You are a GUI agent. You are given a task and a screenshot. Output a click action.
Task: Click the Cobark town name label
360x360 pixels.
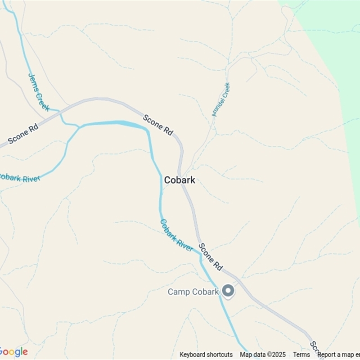point(180,180)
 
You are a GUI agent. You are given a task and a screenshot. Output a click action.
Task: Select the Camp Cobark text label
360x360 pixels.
point(193,292)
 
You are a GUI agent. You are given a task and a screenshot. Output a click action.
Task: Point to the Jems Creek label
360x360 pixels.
point(39,92)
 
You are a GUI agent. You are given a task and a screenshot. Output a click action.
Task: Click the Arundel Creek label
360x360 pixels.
point(221,99)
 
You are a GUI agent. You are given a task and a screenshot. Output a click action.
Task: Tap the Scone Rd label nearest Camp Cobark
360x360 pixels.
point(211,256)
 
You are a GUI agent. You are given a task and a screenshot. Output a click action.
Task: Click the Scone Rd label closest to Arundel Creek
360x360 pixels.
point(158,125)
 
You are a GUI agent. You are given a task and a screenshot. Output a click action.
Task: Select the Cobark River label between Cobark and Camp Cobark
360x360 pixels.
point(176,235)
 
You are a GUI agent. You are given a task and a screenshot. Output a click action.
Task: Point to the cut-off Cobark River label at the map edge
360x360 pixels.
point(19,178)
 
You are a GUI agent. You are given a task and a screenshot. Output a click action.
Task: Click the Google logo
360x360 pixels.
point(13,352)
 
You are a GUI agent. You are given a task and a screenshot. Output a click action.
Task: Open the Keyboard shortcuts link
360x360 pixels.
point(206,355)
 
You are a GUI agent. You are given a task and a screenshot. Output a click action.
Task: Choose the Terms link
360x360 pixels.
point(301,355)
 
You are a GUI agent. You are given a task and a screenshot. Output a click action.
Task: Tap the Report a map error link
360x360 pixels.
point(338,355)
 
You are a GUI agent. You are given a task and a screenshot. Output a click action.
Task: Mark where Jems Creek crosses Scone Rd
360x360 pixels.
point(59,110)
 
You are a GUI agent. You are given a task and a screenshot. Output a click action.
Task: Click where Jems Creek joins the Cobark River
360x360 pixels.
point(79,127)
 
